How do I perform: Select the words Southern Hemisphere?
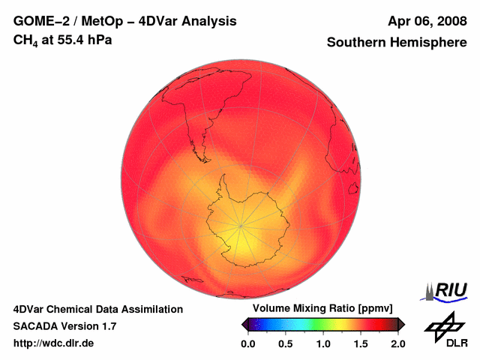pyautogui.click(x=397, y=43)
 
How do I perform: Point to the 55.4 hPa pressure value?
pyautogui.click(x=82, y=39)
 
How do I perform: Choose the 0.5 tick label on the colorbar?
pyautogui.click(x=285, y=343)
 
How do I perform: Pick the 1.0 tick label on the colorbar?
pyautogui.click(x=323, y=343)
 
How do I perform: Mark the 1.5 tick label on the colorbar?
pyautogui.click(x=361, y=343)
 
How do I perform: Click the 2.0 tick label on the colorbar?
pyautogui.click(x=398, y=343)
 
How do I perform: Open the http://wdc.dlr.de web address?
pyautogui.click(x=54, y=343)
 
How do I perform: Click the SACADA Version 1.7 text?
pyautogui.click(x=64, y=326)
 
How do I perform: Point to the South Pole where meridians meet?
pyautogui.click(x=241, y=224)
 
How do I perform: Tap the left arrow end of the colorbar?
pyautogui.click(x=244, y=324)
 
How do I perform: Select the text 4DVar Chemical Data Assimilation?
pyautogui.click(x=97, y=309)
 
